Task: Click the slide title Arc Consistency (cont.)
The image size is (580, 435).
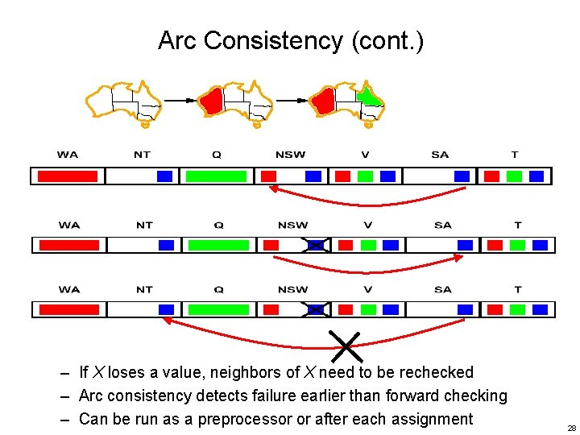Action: tap(290, 39)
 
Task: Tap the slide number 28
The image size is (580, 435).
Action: tap(571, 429)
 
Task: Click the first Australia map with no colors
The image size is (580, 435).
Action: tap(124, 102)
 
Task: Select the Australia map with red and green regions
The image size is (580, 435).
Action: tap(348, 102)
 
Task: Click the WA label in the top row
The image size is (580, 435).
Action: tap(68, 155)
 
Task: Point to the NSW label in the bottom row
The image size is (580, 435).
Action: tap(292, 290)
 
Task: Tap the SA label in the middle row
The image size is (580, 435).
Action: tap(442, 226)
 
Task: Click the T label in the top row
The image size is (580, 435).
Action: tap(515, 155)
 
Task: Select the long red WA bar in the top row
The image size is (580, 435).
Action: tap(68, 176)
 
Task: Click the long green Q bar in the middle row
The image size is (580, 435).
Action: tap(218, 245)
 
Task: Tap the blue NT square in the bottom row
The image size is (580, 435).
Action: tap(167, 309)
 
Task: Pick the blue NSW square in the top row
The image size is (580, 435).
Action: tap(313, 176)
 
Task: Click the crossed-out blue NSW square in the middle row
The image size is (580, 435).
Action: tap(316, 245)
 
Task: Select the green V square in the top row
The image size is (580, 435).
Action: tap(365, 176)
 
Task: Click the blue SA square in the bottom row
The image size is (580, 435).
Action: tap(465, 309)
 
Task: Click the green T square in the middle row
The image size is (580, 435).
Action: tap(517, 245)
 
